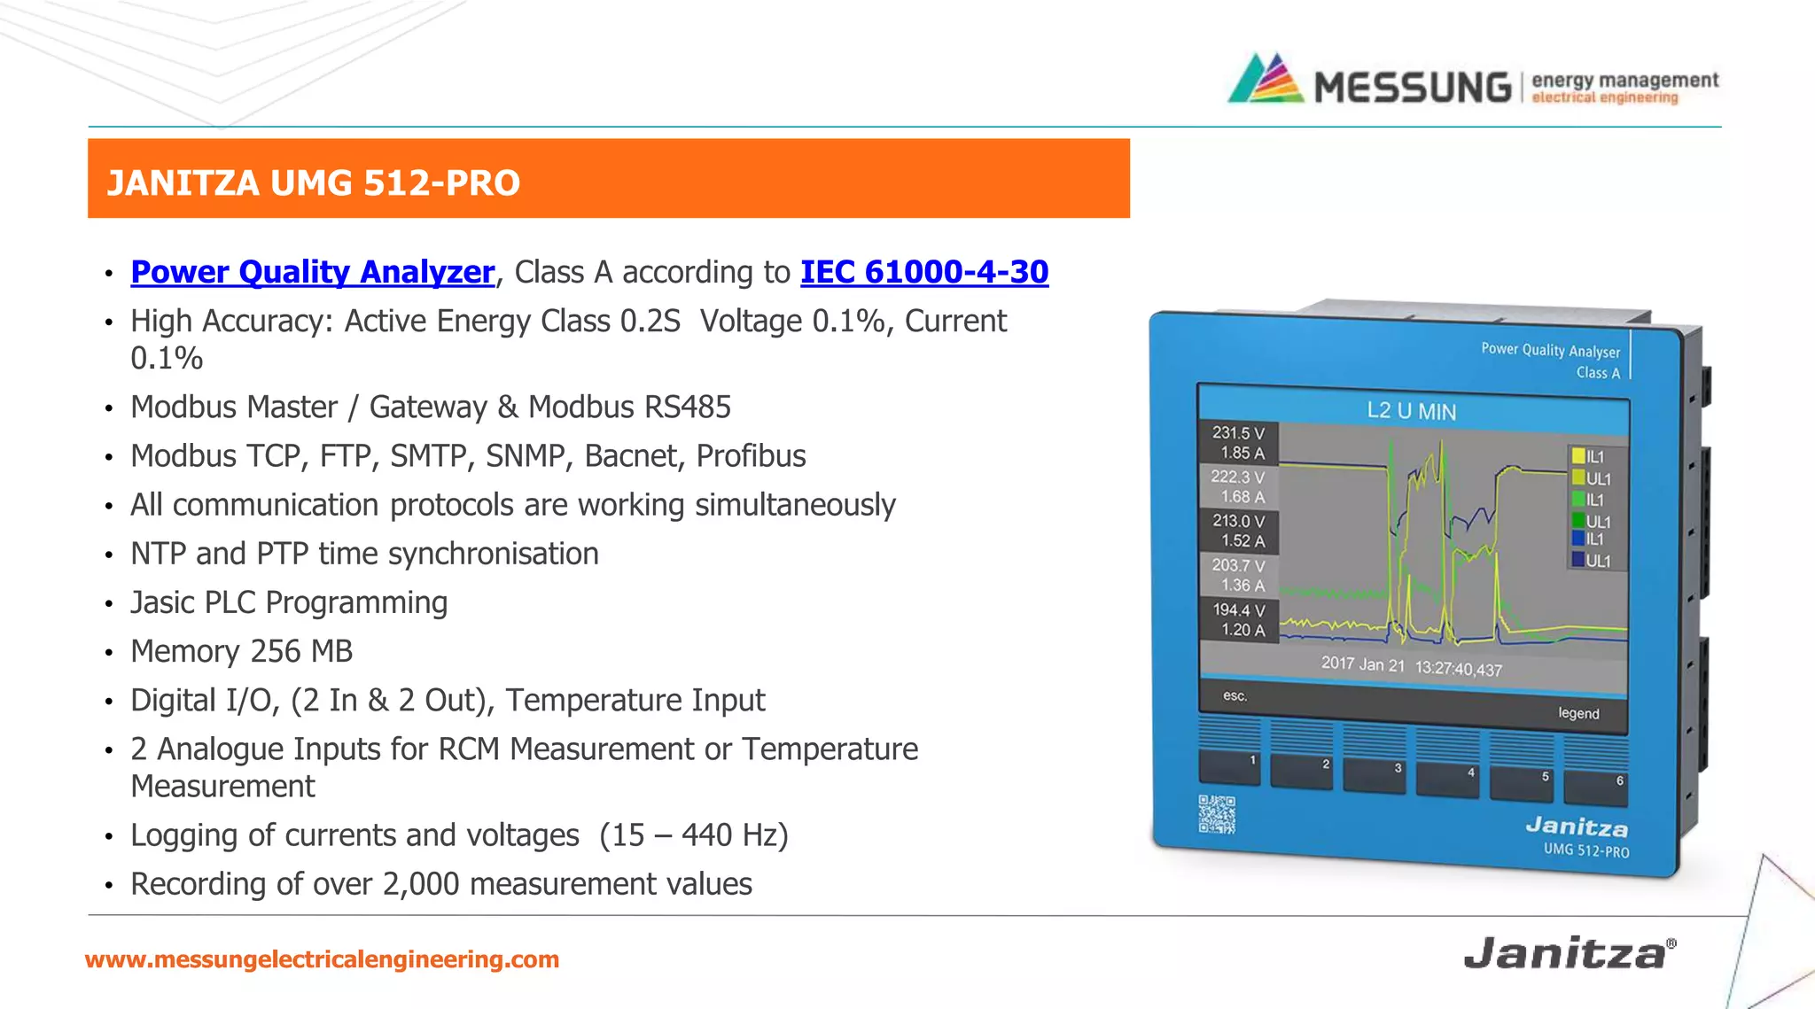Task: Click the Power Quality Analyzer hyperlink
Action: [312, 272]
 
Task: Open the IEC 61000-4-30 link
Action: [924, 272]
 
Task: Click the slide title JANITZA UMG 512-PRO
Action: [313, 182]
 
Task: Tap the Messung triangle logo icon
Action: [1266, 80]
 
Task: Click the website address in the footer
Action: [322, 959]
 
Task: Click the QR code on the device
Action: [1217, 814]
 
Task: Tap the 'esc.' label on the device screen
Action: [1235, 695]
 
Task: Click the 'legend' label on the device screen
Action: [1578, 713]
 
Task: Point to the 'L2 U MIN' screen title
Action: [1411, 411]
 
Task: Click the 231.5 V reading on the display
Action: [1238, 433]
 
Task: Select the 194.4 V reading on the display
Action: [1239, 609]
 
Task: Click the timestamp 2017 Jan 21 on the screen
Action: [1363, 664]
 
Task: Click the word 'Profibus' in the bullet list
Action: [751, 456]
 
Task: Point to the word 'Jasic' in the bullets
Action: [163, 602]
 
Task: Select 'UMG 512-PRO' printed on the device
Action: [1586, 850]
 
